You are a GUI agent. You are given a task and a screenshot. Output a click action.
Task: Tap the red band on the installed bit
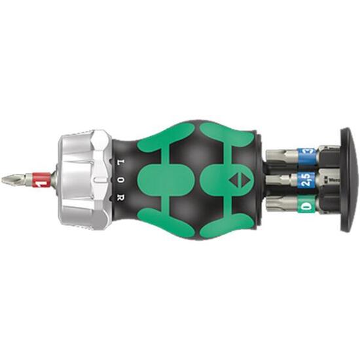43,179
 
